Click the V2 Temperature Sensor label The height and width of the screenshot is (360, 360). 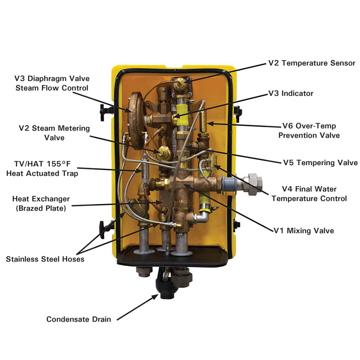click(311, 63)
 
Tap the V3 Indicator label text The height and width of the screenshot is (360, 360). click(290, 93)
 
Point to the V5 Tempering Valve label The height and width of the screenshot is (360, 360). click(320, 162)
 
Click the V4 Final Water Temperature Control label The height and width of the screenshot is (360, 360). click(309, 194)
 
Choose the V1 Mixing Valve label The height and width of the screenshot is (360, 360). click(304, 230)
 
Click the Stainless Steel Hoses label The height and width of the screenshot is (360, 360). click(45, 259)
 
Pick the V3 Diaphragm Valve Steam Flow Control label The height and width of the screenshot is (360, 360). click(52, 83)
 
